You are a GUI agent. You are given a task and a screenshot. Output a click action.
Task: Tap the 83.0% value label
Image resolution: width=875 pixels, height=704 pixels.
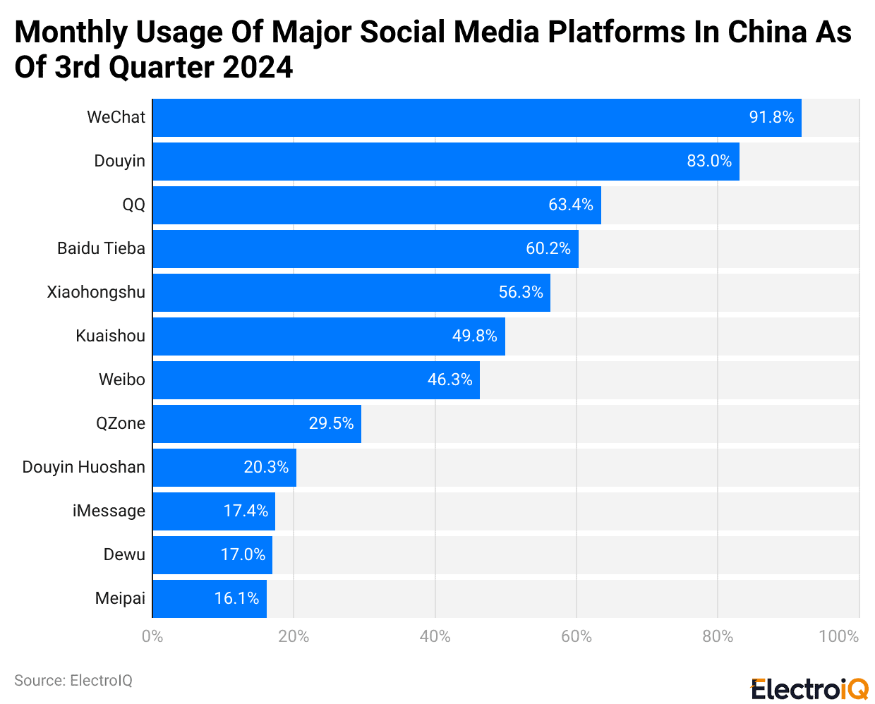click(708, 162)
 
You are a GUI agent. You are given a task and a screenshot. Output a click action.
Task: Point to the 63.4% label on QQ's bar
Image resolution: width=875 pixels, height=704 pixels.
click(570, 205)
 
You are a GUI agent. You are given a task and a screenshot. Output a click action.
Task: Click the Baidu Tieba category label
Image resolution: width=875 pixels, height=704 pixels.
click(101, 249)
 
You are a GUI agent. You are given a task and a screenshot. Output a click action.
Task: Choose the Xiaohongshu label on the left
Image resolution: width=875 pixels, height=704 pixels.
click(96, 293)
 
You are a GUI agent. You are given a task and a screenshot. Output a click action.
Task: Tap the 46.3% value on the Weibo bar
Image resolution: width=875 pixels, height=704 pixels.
click(449, 380)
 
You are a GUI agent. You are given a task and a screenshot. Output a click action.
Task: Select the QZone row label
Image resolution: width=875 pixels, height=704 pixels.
click(121, 424)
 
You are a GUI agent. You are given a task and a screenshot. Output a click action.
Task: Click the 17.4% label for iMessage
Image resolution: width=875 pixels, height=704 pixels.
click(246, 511)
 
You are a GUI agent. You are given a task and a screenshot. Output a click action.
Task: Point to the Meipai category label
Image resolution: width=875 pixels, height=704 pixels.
click(120, 599)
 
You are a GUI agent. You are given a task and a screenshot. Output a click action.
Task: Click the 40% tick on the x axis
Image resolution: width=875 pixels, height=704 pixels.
click(435, 637)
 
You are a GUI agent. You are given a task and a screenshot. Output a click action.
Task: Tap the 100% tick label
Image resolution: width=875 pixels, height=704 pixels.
click(838, 637)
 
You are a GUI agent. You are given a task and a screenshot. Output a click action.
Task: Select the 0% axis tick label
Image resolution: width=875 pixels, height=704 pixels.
click(152, 637)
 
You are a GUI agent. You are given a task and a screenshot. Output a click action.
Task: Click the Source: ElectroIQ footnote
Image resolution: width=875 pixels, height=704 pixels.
click(73, 681)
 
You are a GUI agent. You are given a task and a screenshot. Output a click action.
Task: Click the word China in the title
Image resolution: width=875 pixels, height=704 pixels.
click(766, 32)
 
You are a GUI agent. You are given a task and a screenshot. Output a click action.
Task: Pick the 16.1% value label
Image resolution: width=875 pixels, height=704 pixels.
click(236, 599)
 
